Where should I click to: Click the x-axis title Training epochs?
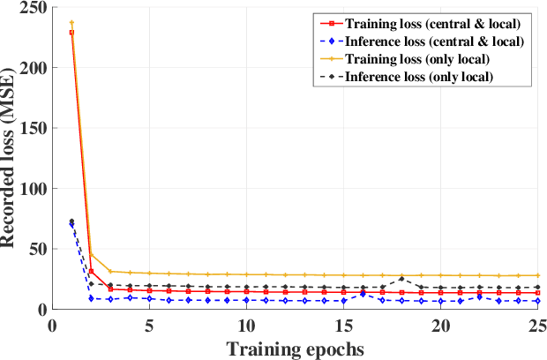(x=295, y=349)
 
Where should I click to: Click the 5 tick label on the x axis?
(x=149, y=325)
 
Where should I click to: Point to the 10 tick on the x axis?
(x=246, y=325)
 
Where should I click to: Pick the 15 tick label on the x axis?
(x=343, y=325)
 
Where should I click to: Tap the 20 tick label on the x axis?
(x=440, y=325)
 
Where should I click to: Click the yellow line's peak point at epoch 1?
(x=71, y=23)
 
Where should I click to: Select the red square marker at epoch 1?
(x=71, y=33)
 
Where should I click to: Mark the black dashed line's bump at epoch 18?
(x=401, y=279)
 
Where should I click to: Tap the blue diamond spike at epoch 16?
(x=363, y=294)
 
